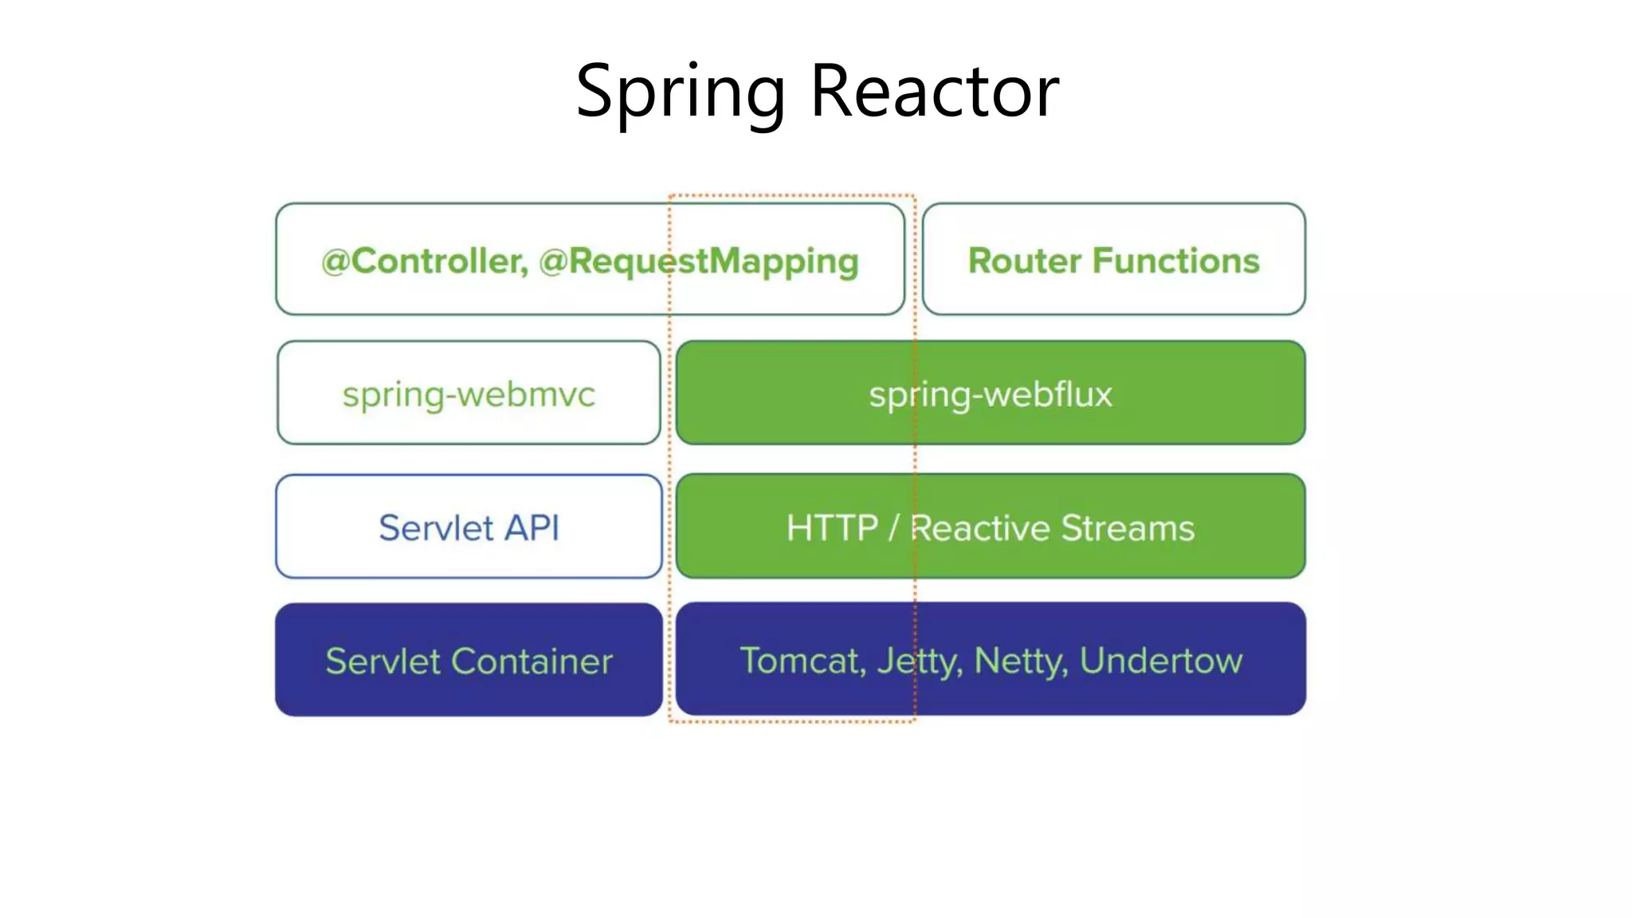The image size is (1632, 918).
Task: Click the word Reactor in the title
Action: (934, 92)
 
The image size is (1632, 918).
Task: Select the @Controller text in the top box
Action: (424, 261)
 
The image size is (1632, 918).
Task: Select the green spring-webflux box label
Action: (990, 394)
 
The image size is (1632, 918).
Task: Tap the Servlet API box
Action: (469, 528)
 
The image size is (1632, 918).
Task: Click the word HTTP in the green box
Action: (832, 528)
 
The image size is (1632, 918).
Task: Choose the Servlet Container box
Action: (469, 661)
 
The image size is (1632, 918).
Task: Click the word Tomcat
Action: (802, 661)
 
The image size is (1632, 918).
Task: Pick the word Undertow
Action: (1160, 661)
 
